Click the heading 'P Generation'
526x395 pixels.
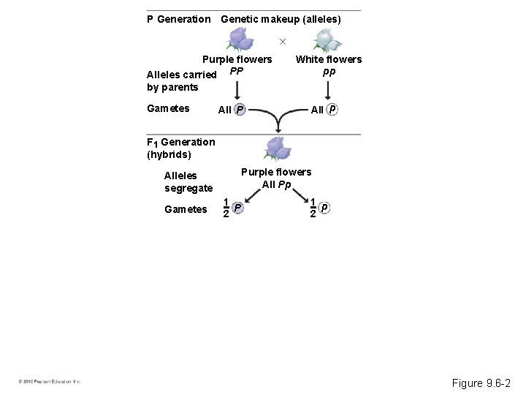(178, 19)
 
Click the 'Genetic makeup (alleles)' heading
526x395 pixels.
(281, 19)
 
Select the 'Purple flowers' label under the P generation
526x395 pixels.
(237, 59)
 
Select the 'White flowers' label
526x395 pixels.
(328, 59)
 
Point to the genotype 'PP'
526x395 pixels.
(236, 72)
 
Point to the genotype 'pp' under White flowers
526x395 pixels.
(329, 72)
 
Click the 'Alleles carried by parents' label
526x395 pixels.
(181, 80)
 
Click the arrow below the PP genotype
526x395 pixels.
(236, 90)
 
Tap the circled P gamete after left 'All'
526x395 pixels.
(240, 110)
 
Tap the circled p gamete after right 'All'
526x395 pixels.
(332, 110)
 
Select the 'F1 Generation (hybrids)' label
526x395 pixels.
(180, 148)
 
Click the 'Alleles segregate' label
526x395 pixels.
(188, 181)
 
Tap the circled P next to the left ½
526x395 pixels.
(237, 208)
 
